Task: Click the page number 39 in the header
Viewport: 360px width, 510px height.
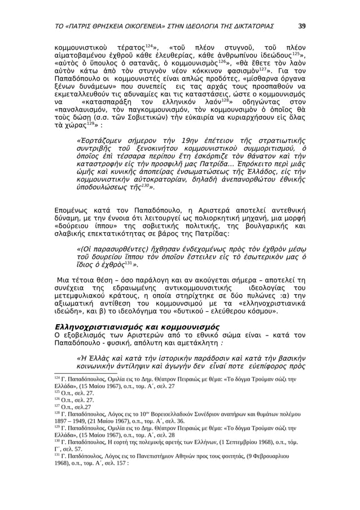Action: [x=302, y=25]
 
